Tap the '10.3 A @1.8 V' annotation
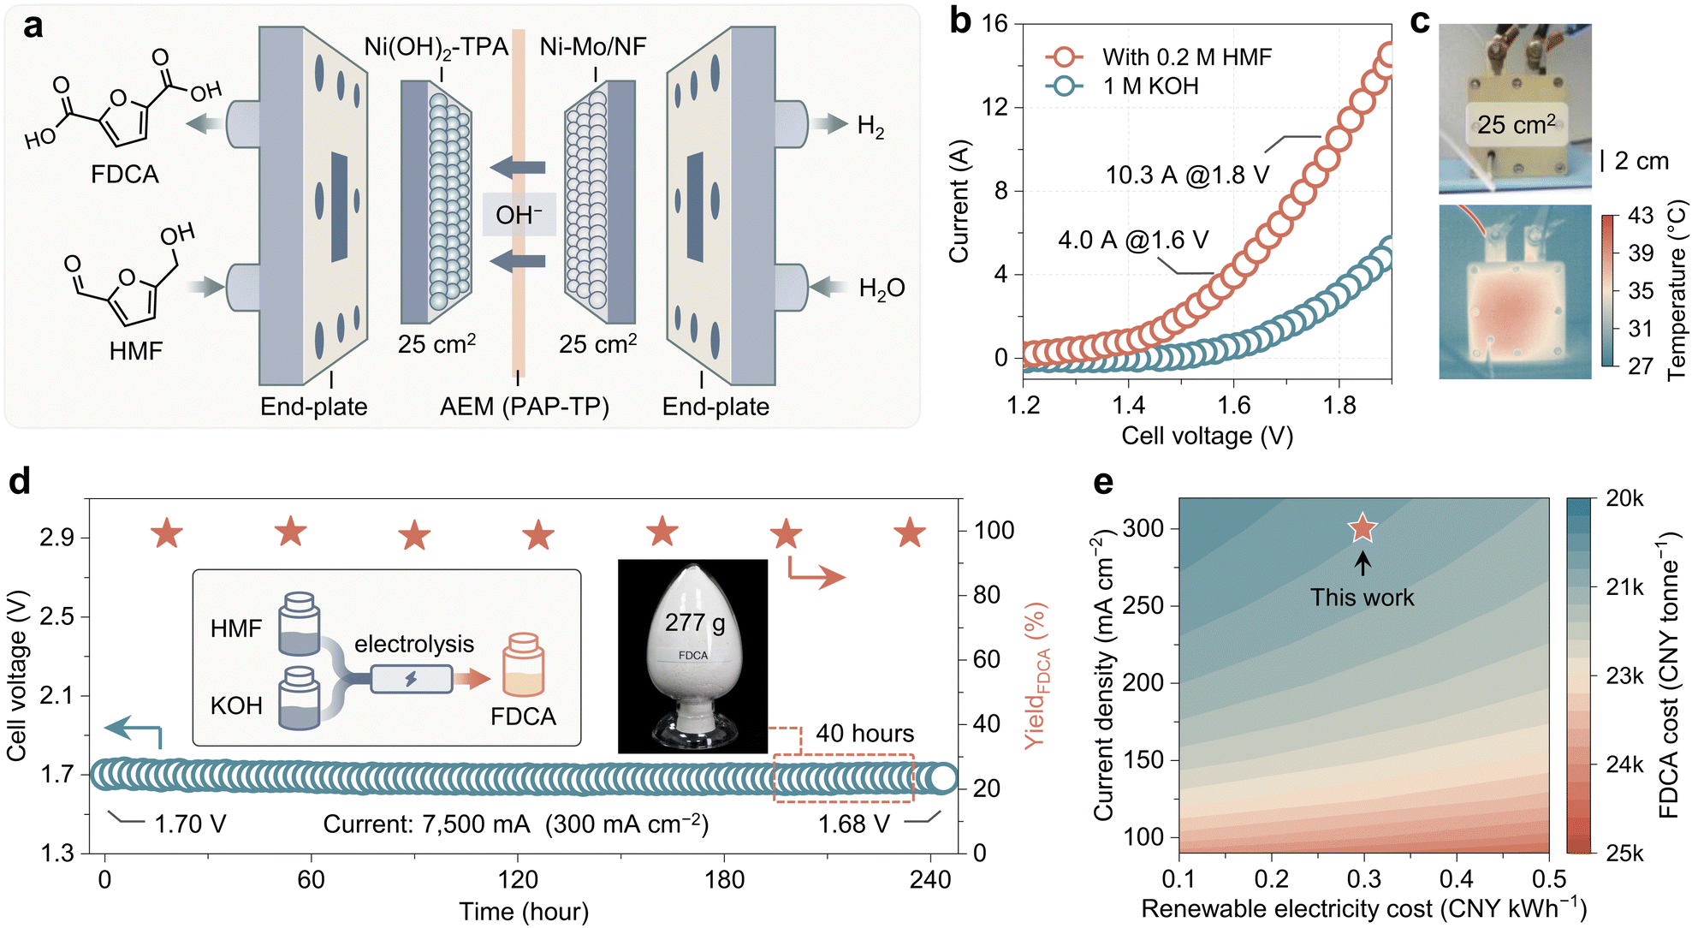point(1187,175)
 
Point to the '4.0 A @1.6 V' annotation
point(1133,240)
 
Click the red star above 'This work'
point(1363,529)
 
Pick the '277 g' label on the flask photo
point(694,622)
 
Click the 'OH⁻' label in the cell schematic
point(519,215)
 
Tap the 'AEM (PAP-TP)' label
point(524,407)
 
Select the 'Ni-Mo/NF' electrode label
point(592,46)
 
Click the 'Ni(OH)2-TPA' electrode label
point(436,47)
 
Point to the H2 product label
point(870,127)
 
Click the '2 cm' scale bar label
point(1641,161)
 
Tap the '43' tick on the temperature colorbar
point(1640,215)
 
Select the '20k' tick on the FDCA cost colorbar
point(1624,498)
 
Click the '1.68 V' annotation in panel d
point(853,824)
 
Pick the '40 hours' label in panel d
point(864,734)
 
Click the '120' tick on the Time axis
point(518,879)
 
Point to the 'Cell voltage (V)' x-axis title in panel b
point(1207,437)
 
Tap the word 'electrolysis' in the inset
point(414,644)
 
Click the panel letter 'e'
point(1104,483)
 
